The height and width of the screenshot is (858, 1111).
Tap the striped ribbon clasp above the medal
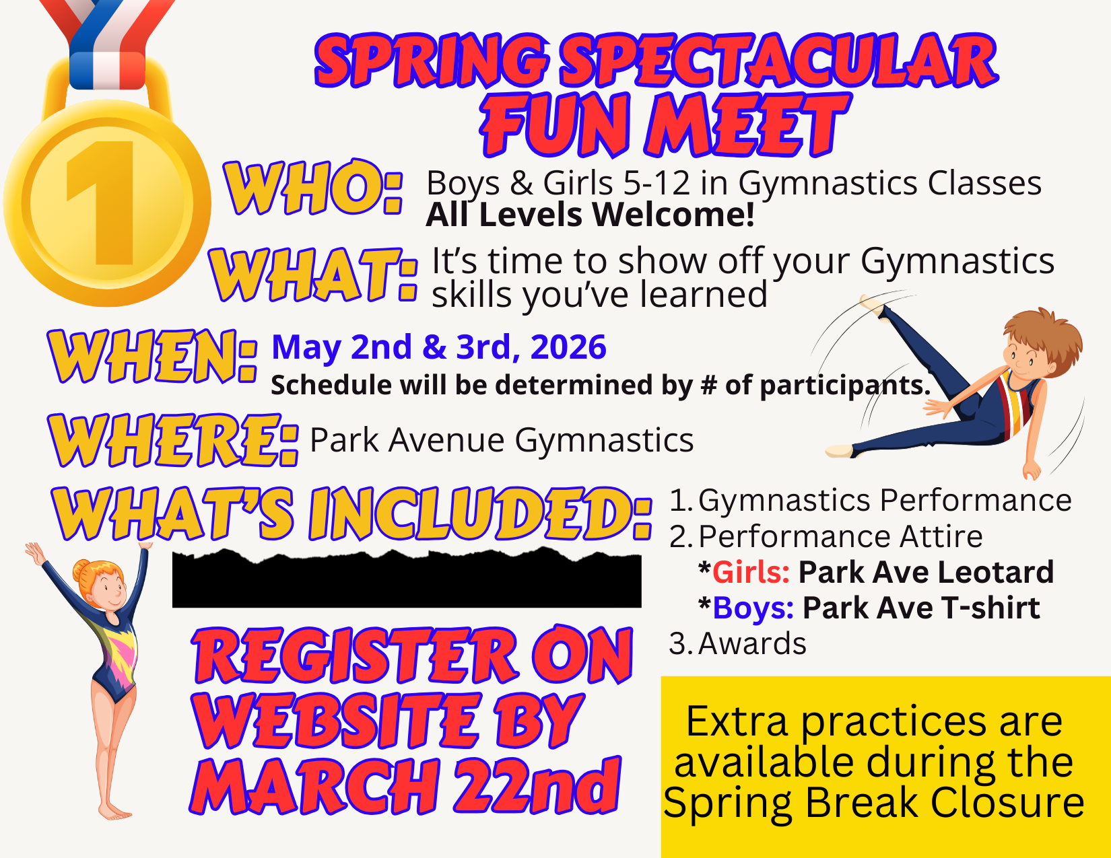coord(107,70)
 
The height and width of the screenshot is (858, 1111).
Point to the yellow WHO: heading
coord(313,187)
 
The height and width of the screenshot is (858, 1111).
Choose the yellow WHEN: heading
coord(152,356)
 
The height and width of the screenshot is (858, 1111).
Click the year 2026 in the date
coord(568,347)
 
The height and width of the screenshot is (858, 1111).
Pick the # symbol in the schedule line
coord(708,385)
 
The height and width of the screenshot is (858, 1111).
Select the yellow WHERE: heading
coord(173,441)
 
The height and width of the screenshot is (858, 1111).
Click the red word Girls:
coord(751,572)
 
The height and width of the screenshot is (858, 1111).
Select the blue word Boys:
coord(753,608)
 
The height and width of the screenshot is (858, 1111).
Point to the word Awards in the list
coord(752,643)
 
